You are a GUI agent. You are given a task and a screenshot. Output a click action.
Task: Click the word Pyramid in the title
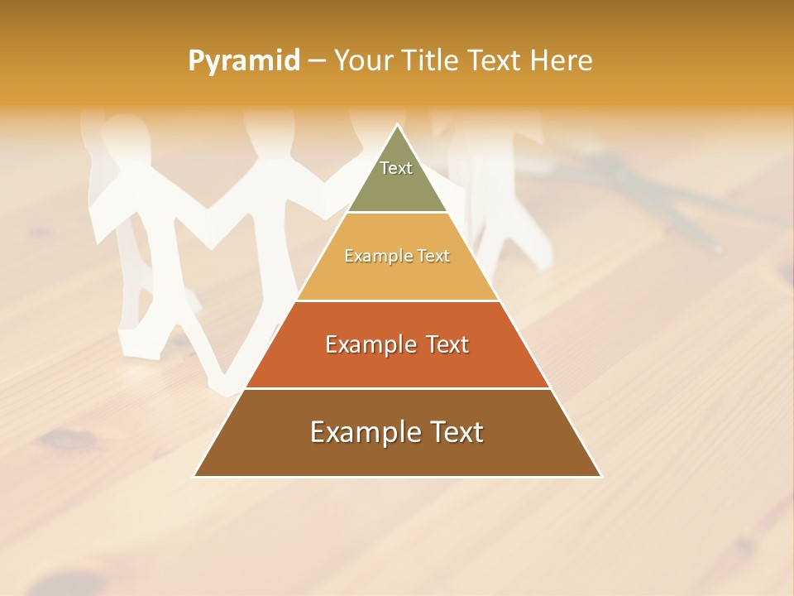click(x=243, y=61)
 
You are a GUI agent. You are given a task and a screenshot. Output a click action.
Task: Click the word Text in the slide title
click(x=495, y=61)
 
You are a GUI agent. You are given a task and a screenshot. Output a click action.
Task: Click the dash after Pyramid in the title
click(x=316, y=61)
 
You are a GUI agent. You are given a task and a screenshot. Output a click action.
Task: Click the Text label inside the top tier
click(x=396, y=168)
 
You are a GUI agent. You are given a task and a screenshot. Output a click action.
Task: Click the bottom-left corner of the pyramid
click(x=194, y=476)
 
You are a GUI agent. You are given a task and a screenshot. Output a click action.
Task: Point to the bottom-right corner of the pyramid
click(x=601, y=476)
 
